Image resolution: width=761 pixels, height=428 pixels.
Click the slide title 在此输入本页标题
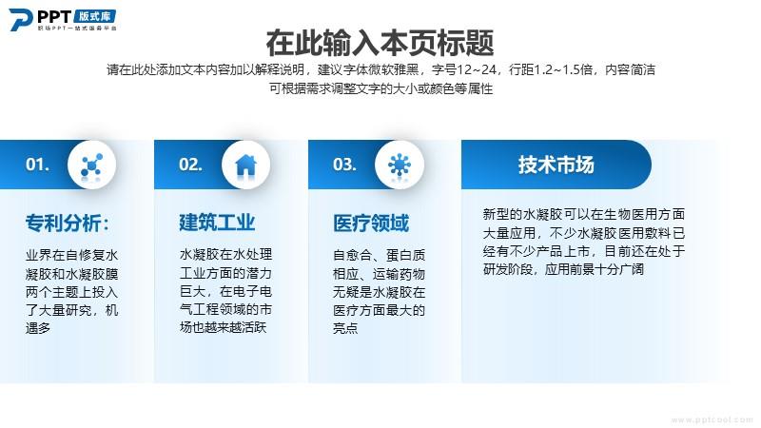(x=380, y=43)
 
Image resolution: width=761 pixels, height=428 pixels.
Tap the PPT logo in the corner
(x=63, y=20)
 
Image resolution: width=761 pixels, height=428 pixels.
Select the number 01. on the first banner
(x=37, y=164)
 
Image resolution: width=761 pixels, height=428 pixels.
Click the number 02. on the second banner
(x=190, y=164)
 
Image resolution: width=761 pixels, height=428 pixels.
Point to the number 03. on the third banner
(x=344, y=164)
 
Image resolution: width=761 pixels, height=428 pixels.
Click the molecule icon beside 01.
(x=91, y=165)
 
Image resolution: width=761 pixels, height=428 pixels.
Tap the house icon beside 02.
(x=245, y=165)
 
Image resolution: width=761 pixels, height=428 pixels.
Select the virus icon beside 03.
(x=400, y=165)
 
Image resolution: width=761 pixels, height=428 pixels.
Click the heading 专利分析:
(x=68, y=224)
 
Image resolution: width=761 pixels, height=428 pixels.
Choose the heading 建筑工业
(x=217, y=223)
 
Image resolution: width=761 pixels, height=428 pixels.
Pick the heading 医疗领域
(x=371, y=224)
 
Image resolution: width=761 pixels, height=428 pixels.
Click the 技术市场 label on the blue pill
(x=556, y=165)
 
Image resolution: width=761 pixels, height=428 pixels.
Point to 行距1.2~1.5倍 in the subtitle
(x=551, y=69)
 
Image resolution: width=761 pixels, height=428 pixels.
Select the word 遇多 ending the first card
(x=38, y=328)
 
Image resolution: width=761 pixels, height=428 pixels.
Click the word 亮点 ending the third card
(x=345, y=328)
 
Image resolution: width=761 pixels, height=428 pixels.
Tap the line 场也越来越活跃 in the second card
(x=223, y=327)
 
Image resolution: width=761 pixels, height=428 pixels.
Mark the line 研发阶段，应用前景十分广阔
(x=563, y=269)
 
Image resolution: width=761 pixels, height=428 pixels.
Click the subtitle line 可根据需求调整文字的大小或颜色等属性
(x=381, y=88)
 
